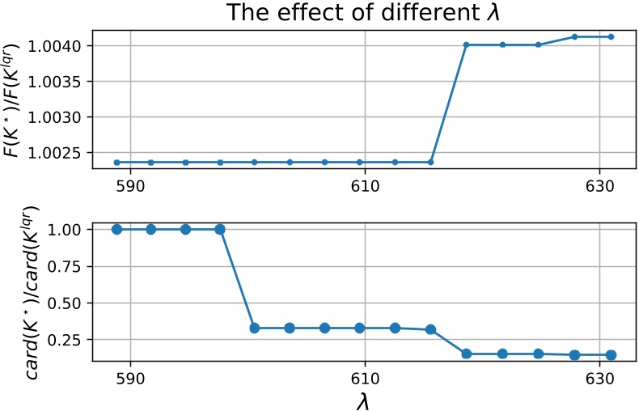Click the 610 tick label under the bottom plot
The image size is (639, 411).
365,378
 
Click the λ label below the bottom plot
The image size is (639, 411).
364,399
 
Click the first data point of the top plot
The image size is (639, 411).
116,162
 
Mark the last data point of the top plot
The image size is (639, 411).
611,36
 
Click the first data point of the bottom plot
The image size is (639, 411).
116,229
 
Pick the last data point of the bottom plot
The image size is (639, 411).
611,354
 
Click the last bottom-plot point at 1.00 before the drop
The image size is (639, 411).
220,229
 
